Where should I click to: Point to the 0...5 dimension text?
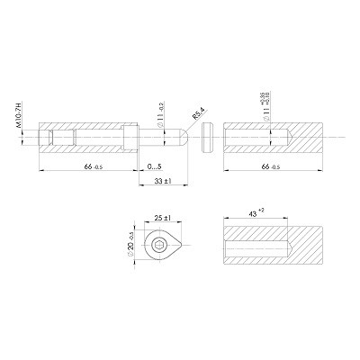153,167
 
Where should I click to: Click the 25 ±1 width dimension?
163,218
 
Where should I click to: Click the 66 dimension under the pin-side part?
89,167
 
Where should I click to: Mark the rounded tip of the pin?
182,136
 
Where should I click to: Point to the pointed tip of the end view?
186,247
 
